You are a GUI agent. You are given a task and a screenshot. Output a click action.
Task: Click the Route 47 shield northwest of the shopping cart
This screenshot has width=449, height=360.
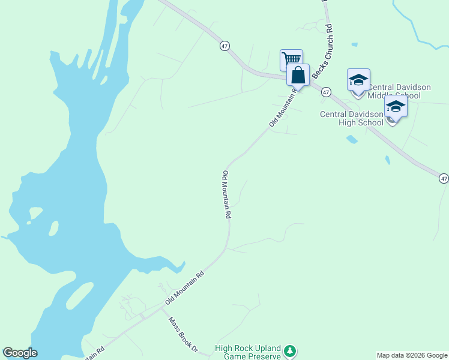click(224, 46)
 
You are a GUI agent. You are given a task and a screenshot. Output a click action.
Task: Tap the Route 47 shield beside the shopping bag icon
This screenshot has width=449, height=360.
click(326, 92)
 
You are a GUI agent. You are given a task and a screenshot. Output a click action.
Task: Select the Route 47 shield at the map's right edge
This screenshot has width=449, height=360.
click(443, 178)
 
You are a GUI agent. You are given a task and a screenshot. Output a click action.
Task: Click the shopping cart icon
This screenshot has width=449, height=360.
click(291, 59)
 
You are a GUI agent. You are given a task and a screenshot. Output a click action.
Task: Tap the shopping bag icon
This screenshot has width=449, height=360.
click(298, 76)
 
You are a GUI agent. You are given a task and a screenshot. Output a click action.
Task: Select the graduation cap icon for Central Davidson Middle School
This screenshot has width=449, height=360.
click(358, 80)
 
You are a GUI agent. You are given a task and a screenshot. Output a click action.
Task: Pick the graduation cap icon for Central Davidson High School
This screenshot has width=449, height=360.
click(396, 106)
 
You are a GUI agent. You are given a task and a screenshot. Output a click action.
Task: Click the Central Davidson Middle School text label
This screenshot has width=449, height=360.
click(399, 91)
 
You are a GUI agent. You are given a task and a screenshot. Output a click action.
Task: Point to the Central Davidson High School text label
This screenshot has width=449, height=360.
click(352, 118)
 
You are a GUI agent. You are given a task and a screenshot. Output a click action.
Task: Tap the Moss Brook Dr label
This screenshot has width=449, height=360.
click(182, 334)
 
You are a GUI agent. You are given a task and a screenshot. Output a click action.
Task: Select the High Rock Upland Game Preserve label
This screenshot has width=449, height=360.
click(248, 352)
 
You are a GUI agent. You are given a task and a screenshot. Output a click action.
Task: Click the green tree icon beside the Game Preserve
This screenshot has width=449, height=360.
click(290, 350)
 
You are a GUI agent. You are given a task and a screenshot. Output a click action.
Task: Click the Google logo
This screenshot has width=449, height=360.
click(20, 353)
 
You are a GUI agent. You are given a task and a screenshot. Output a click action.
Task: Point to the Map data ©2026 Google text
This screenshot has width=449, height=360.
click(412, 355)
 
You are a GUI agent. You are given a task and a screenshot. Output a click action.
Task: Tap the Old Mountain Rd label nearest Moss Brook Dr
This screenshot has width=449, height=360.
click(185, 287)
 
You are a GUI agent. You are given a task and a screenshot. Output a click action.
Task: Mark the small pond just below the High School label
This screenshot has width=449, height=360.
click(352, 139)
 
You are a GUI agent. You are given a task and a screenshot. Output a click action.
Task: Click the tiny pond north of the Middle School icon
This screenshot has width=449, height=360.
click(354, 44)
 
